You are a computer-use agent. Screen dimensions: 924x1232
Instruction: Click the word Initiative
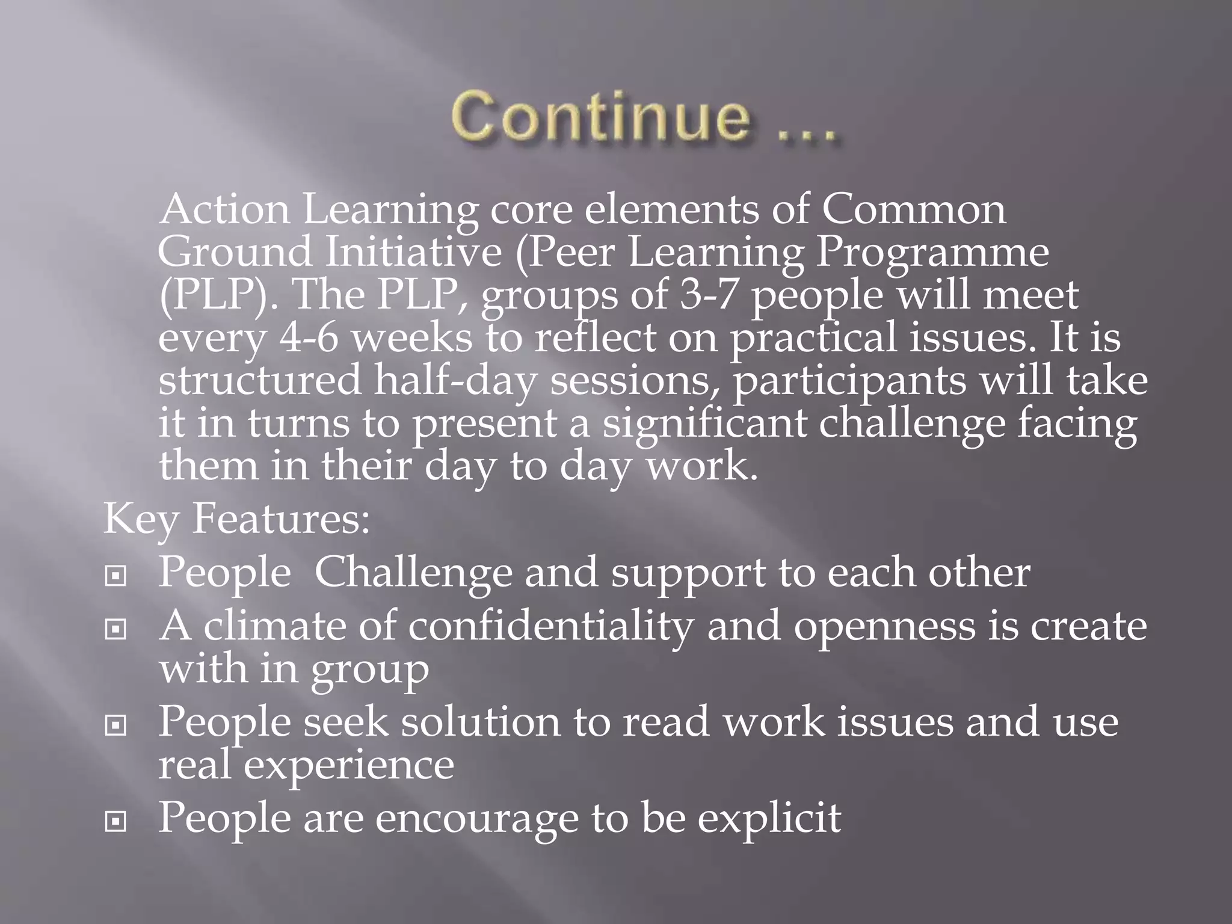coord(413,252)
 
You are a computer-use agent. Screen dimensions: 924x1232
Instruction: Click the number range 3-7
coord(708,295)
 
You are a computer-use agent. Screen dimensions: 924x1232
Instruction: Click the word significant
coord(704,423)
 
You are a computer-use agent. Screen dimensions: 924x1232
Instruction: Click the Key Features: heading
coord(236,518)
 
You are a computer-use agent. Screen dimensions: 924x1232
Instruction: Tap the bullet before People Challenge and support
coord(115,576)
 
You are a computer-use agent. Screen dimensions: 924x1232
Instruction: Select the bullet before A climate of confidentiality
coord(115,629)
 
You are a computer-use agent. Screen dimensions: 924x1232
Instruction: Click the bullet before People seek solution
coord(115,725)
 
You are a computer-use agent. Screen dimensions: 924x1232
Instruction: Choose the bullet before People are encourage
coord(115,821)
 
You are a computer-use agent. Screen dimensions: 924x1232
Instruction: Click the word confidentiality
coord(550,626)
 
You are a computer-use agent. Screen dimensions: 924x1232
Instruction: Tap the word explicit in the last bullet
coord(769,819)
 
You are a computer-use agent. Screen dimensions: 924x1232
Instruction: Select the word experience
coord(348,766)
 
